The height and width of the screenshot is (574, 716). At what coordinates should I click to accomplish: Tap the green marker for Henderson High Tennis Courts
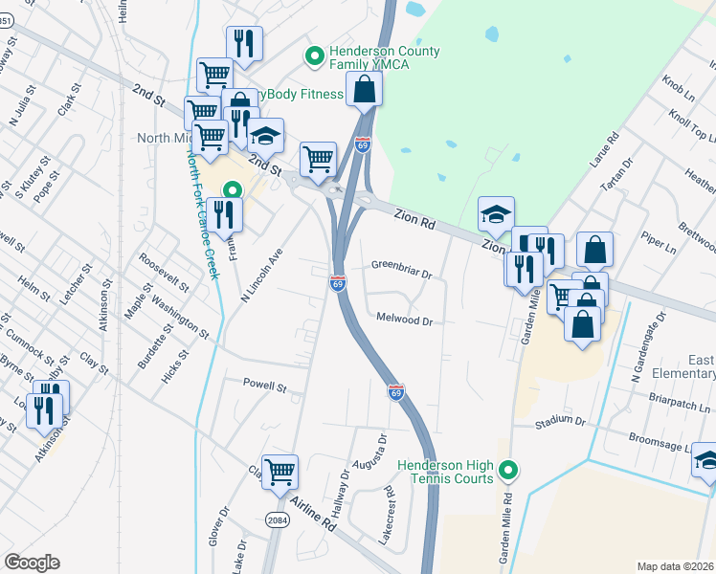point(510,470)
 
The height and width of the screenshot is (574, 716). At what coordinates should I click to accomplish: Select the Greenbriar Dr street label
point(402,267)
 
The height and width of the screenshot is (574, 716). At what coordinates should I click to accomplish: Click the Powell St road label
point(264,387)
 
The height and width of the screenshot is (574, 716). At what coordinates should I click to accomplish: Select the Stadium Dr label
point(560,421)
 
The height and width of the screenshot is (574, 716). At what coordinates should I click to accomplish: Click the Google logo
point(32,563)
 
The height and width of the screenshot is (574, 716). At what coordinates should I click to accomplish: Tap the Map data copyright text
point(675,566)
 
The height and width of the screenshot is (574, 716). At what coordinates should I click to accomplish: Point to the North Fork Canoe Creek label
point(204,206)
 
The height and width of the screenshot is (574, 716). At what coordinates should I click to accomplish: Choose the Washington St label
point(179,317)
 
